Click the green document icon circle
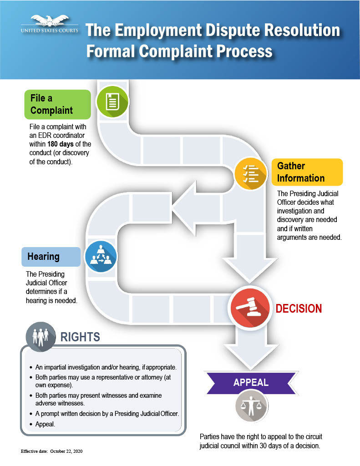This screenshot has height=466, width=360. click(x=112, y=101)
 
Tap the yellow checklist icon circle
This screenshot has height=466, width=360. click(x=250, y=173)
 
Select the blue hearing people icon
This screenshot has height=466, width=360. click(x=101, y=257)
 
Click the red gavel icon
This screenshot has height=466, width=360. click(x=250, y=308)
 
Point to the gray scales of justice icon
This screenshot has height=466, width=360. click(x=252, y=406)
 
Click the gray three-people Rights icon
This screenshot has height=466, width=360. click(x=41, y=337)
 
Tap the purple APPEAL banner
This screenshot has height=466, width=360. click(x=251, y=383)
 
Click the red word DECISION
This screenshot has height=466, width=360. click(x=299, y=309)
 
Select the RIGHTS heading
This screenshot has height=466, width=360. click(x=80, y=337)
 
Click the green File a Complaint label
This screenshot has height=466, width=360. click(x=58, y=104)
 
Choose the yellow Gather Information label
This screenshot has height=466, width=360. click(x=307, y=172)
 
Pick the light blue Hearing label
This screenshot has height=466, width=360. click(x=51, y=257)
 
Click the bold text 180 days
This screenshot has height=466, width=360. click(x=61, y=144)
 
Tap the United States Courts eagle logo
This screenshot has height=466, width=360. click(x=50, y=24)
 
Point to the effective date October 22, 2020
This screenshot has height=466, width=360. click(x=66, y=451)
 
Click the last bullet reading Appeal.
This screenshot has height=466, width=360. click(x=45, y=424)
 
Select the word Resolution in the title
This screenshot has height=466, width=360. click(x=302, y=30)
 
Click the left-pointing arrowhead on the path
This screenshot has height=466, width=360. click(x=184, y=208)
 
